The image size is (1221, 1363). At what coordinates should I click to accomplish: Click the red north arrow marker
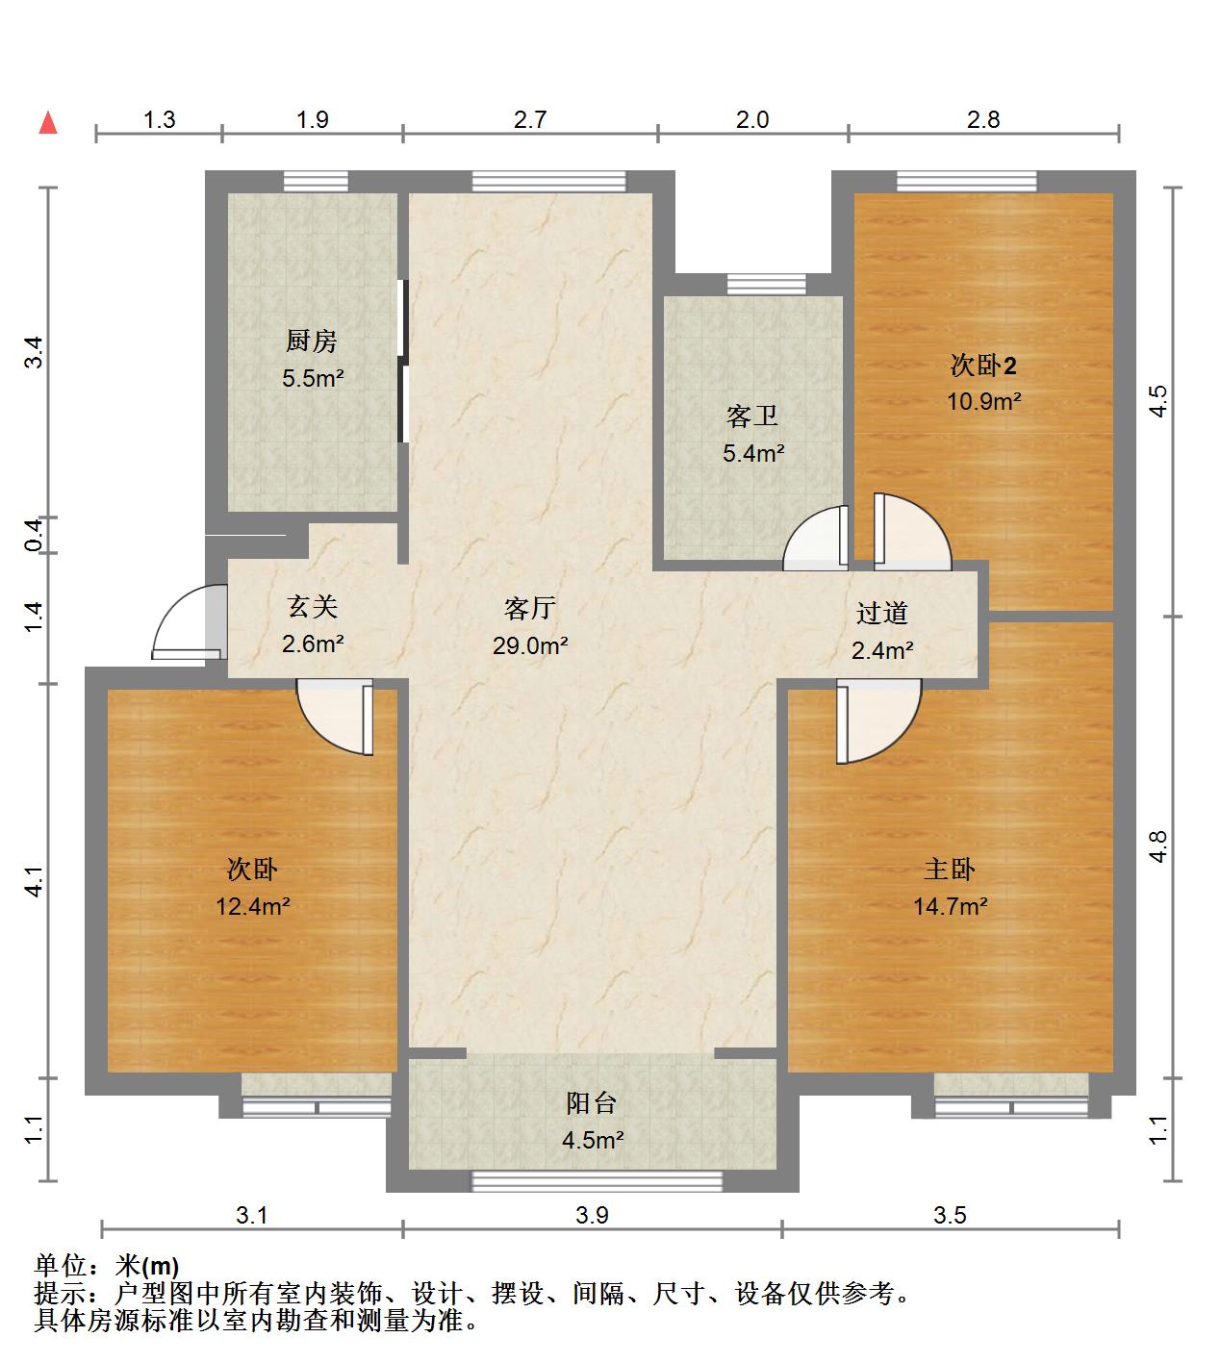(x=47, y=122)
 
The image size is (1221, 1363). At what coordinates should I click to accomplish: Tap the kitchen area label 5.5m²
(x=313, y=378)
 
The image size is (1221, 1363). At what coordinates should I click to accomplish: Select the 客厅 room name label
(x=530, y=608)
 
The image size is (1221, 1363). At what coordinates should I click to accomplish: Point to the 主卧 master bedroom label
(x=949, y=869)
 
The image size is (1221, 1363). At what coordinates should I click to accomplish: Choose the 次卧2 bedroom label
(x=983, y=366)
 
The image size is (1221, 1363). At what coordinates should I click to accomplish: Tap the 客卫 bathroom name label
(x=752, y=416)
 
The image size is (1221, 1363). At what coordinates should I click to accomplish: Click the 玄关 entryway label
(x=312, y=607)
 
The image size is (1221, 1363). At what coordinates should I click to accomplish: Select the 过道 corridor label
(x=881, y=613)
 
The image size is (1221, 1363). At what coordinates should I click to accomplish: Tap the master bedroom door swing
(x=876, y=719)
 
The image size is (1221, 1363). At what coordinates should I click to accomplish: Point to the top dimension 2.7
(x=530, y=119)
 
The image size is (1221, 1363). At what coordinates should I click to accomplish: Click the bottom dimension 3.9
(x=592, y=1215)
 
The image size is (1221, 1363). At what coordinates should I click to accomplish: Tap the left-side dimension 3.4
(x=35, y=352)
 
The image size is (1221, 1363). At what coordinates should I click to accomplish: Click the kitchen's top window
(x=316, y=181)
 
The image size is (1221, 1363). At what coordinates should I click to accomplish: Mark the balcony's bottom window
(x=597, y=1181)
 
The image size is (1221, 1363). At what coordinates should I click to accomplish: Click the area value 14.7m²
(x=950, y=905)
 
